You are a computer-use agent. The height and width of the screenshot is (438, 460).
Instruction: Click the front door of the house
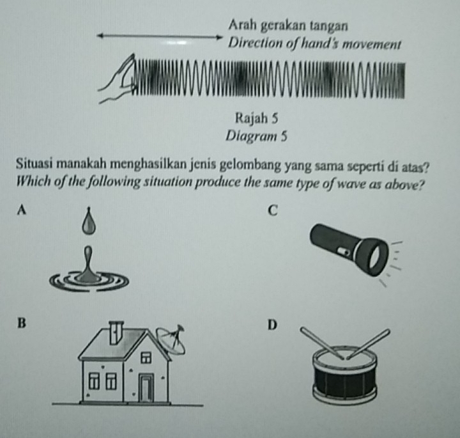[x=146, y=389]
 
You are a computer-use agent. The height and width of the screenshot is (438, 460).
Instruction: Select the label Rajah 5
[x=256, y=118]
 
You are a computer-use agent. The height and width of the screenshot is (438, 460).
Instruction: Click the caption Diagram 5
[x=256, y=135]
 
